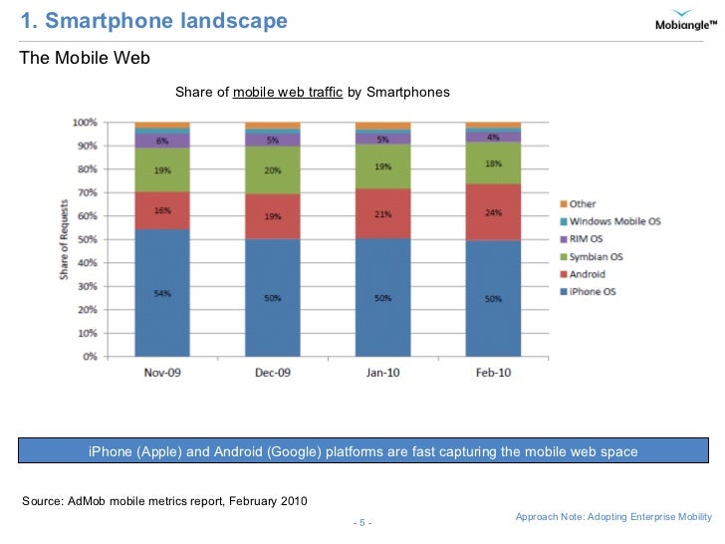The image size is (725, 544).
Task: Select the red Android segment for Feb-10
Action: (x=493, y=212)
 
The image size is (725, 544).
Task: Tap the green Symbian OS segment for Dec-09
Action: (x=273, y=170)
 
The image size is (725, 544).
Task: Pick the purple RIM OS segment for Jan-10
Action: (x=383, y=139)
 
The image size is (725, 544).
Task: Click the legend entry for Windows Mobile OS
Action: (x=613, y=221)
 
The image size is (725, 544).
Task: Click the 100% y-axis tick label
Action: (x=85, y=123)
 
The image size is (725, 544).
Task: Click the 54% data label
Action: (x=162, y=292)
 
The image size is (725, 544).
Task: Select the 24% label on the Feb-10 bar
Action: (x=493, y=212)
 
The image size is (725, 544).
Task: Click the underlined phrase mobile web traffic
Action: (x=288, y=93)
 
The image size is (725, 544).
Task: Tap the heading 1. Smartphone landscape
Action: (x=154, y=20)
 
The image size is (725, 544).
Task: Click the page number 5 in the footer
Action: (x=362, y=523)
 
